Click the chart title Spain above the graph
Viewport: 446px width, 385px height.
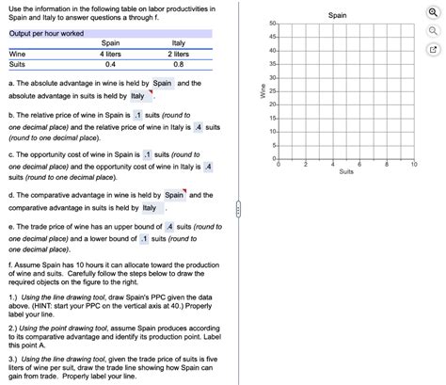click(337, 15)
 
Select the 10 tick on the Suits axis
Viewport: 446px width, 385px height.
click(414, 164)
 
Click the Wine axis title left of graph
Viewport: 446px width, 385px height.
click(263, 90)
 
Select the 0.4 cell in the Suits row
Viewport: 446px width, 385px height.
click(111, 64)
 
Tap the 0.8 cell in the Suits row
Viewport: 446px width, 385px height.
click(179, 64)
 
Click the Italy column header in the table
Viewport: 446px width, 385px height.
click(179, 43)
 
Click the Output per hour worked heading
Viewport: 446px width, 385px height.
click(46, 33)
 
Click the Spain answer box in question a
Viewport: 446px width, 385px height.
click(162, 83)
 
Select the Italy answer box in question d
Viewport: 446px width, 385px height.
click(149, 208)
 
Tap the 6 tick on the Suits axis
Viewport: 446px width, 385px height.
click(361, 164)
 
